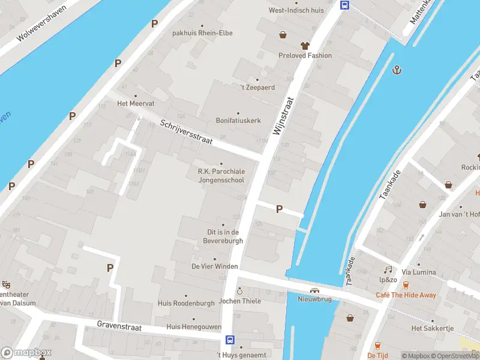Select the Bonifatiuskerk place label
coord(238,121)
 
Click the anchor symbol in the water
coord(396,70)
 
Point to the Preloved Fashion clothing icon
coord(305,46)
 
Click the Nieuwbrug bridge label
coord(314,299)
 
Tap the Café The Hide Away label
coord(406,295)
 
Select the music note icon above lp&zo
coord(388,270)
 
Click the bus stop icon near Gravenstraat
coord(230,340)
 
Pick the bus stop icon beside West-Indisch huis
coord(344,5)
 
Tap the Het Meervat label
coord(135,103)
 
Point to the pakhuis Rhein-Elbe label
coord(202,33)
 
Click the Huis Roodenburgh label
coord(186,304)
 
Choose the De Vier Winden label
coord(215,266)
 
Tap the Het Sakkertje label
coord(433,328)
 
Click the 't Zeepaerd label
coord(257,88)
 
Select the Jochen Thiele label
coord(240,301)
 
